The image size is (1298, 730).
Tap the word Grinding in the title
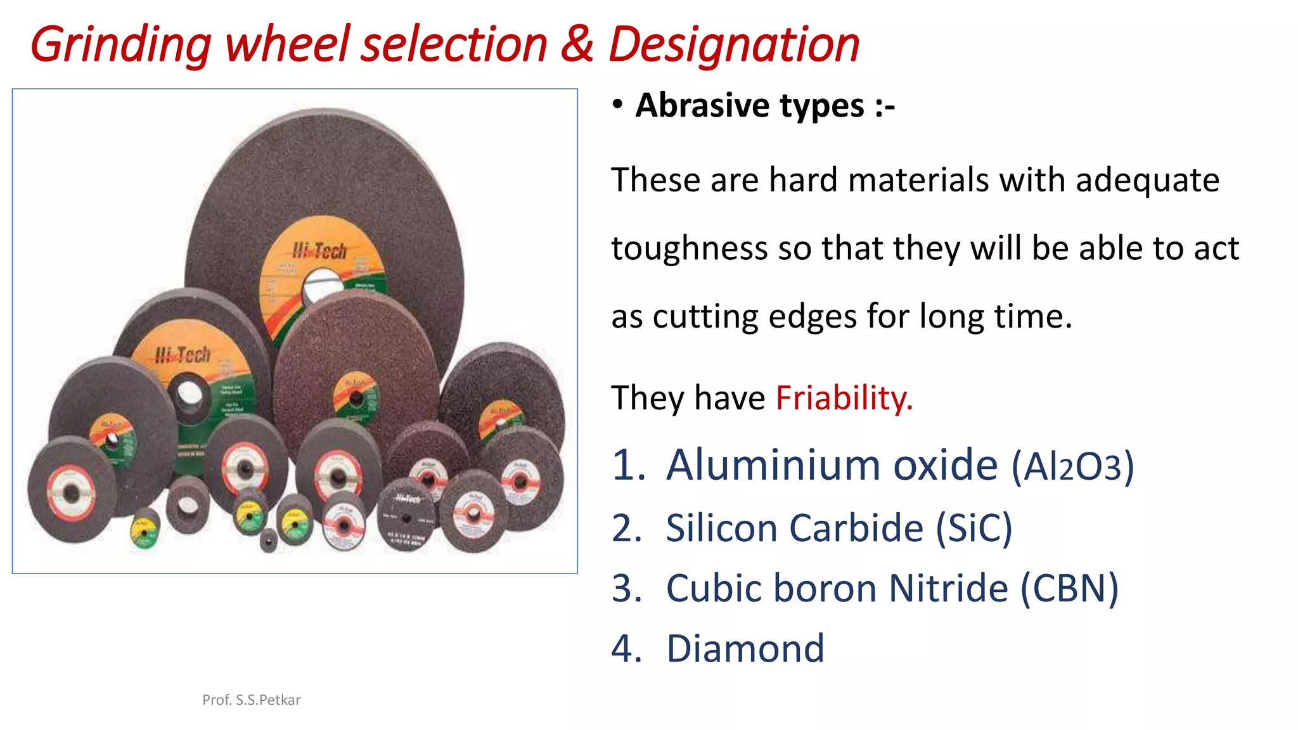pyautogui.click(x=120, y=46)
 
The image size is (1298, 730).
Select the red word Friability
pyautogui.click(x=844, y=398)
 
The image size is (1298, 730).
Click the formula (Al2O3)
pyautogui.click(x=1072, y=466)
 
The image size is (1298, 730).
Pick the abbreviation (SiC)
pyautogui.click(x=974, y=528)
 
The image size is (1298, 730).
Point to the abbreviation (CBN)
pyautogui.click(x=1069, y=588)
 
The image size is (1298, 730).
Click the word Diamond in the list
pyautogui.click(x=745, y=649)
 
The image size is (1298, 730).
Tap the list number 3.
pyautogui.click(x=626, y=588)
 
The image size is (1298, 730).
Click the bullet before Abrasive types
pyautogui.click(x=618, y=105)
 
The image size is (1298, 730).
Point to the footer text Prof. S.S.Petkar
pyautogui.click(x=251, y=700)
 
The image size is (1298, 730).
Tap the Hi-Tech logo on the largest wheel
pyautogui.click(x=319, y=251)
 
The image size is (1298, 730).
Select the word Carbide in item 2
pyautogui.click(x=858, y=528)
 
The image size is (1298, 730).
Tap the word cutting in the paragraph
pyautogui.click(x=705, y=316)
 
